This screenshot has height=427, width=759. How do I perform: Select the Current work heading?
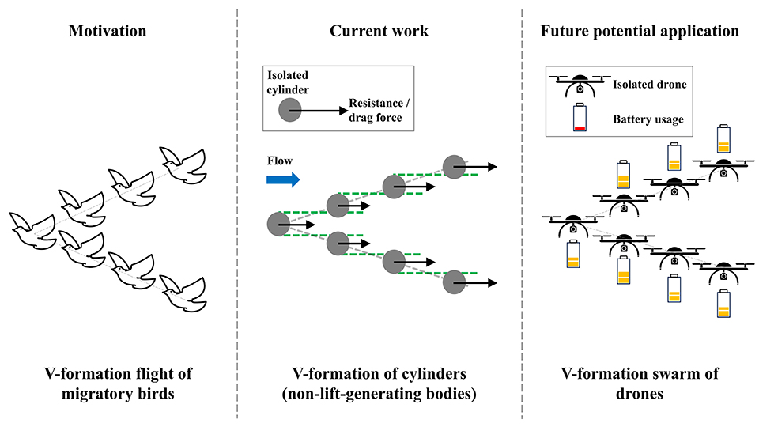click(379, 32)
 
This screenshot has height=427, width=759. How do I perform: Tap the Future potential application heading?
click(640, 32)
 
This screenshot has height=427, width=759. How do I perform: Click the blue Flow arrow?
click(283, 179)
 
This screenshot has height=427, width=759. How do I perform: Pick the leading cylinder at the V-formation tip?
click(278, 225)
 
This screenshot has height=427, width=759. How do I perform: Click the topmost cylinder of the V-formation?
click(454, 167)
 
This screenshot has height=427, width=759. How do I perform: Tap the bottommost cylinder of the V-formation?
click(454, 282)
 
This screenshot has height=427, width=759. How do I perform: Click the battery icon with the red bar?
click(580, 117)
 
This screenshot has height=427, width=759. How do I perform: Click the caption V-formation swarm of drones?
click(640, 383)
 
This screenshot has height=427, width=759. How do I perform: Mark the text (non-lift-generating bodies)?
click(379, 393)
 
